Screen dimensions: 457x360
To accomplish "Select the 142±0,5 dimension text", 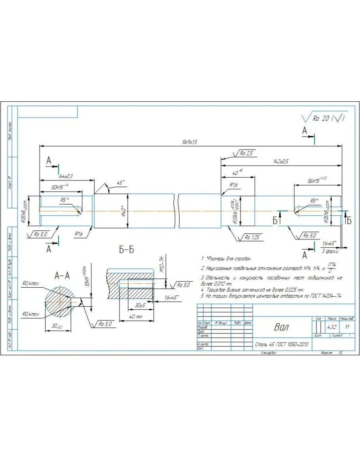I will [280, 161].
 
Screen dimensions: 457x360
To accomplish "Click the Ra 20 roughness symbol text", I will [328, 118].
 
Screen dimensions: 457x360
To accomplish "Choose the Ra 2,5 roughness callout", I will [246, 153].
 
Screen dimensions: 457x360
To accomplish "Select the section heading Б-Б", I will [127, 250].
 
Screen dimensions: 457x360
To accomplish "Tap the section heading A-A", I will [62, 276].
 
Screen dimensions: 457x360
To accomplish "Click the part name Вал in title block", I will [281, 327].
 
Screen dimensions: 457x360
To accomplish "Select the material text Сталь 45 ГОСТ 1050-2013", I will [282, 345].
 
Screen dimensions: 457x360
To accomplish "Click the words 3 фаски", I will [329, 251].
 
